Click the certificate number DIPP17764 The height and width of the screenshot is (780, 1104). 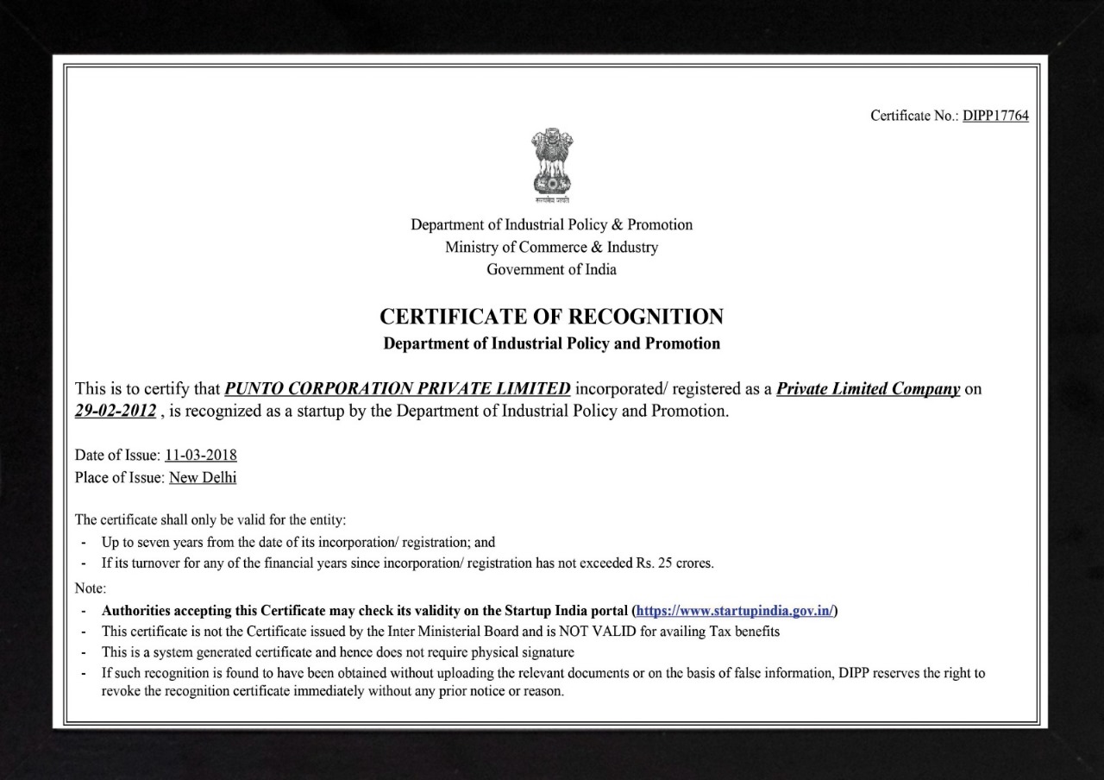point(995,116)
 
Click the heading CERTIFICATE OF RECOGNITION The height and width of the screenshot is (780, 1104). point(552,316)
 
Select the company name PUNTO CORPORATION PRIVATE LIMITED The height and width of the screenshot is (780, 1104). point(397,388)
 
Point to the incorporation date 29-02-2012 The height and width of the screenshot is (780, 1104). point(116,411)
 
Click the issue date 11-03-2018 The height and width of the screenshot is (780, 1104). point(201,455)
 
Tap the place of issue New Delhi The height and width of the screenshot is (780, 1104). point(203,477)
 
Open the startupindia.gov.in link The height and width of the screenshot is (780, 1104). point(735,610)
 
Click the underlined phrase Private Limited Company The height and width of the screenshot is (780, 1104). point(868,388)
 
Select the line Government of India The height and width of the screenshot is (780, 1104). point(552,269)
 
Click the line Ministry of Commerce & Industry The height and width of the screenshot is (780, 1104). point(552,247)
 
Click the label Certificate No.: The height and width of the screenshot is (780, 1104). point(914,116)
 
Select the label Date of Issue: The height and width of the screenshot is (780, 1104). point(117,455)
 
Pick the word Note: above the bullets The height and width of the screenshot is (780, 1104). point(91,588)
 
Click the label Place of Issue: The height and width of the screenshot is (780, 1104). point(120,477)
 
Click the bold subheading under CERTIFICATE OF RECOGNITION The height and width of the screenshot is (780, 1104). point(552,343)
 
